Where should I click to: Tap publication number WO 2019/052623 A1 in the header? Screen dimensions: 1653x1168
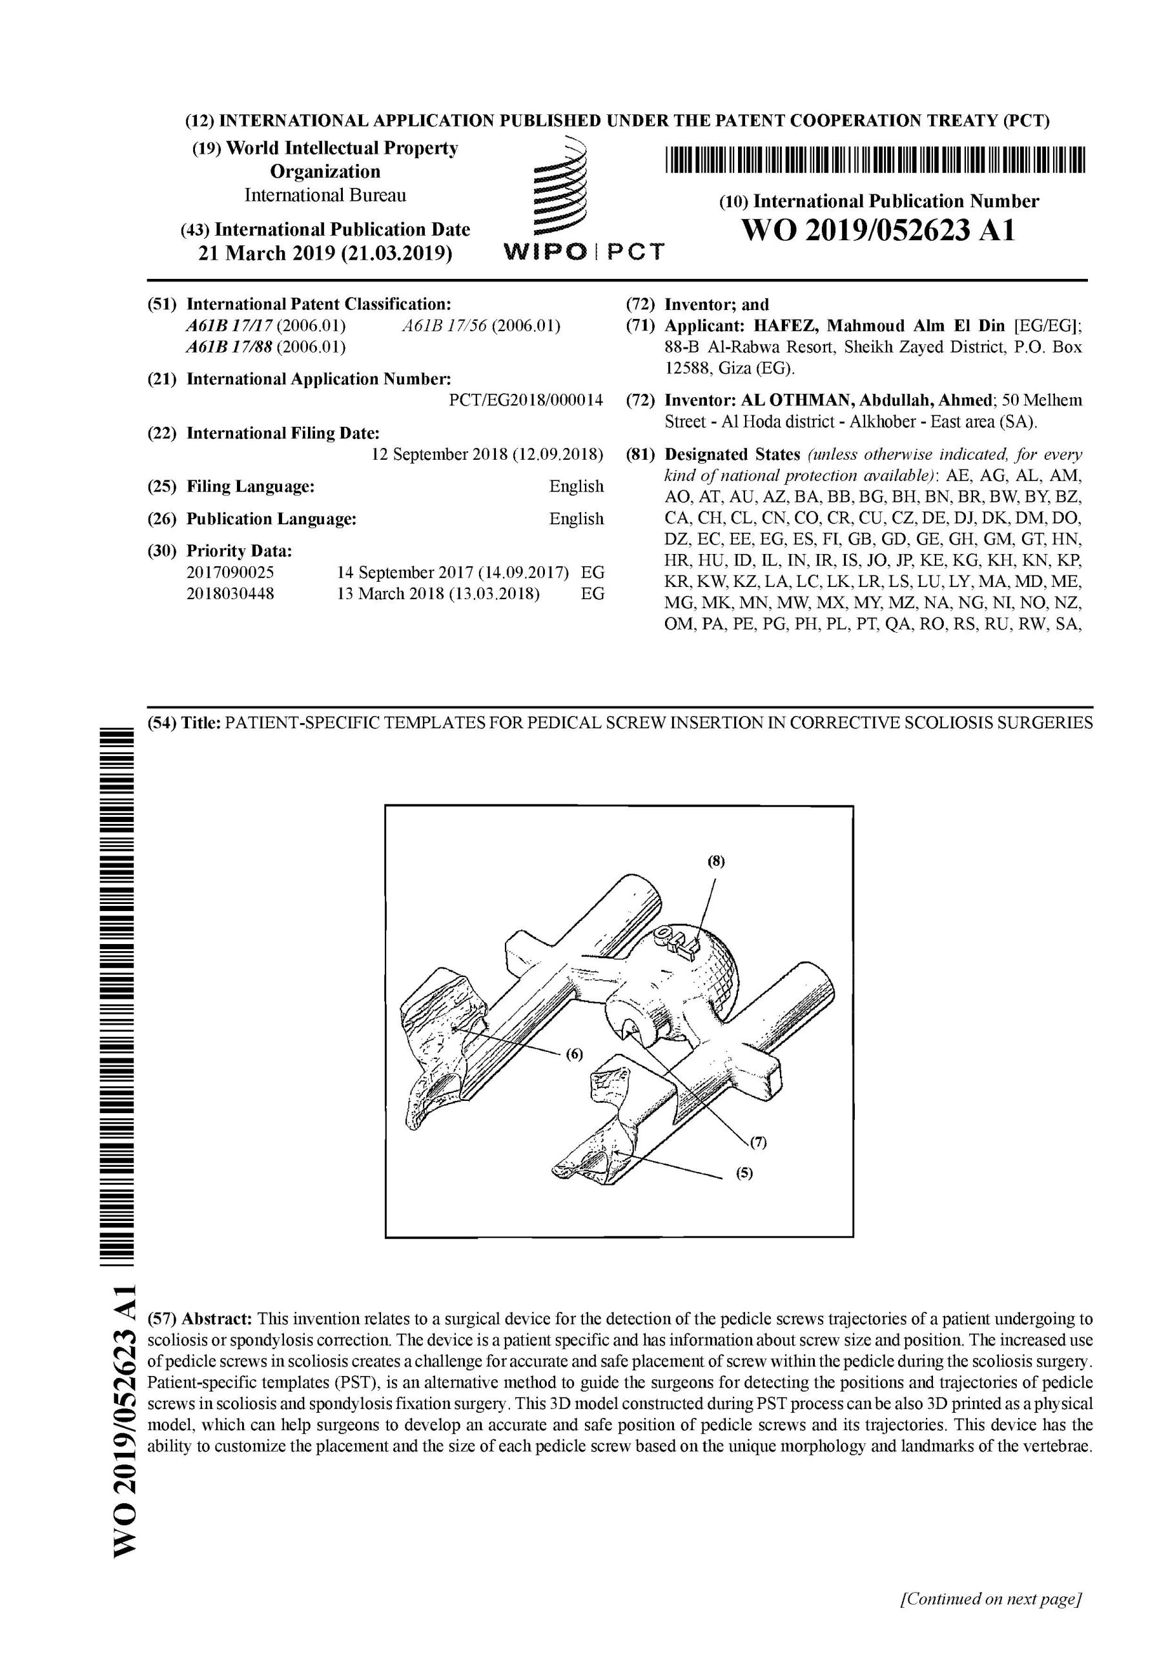click(x=878, y=231)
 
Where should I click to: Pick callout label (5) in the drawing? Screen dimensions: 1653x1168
click(x=744, y=1173)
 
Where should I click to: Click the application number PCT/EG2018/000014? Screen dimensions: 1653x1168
click(x=526, y=400)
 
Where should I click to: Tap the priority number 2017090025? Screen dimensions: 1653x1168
click(x=231, y=572)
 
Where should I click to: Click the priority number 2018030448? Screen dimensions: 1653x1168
click(x=231, y=594)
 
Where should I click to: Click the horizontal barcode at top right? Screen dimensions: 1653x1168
click(x=874, y=161)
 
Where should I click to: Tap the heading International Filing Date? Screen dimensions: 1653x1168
click(x=283, y=433)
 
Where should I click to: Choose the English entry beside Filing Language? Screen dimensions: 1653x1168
click(x=576, y=487)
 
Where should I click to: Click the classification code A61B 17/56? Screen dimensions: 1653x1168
click(x=446, y=325)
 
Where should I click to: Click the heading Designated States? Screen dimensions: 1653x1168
click(x=732, y=455)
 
